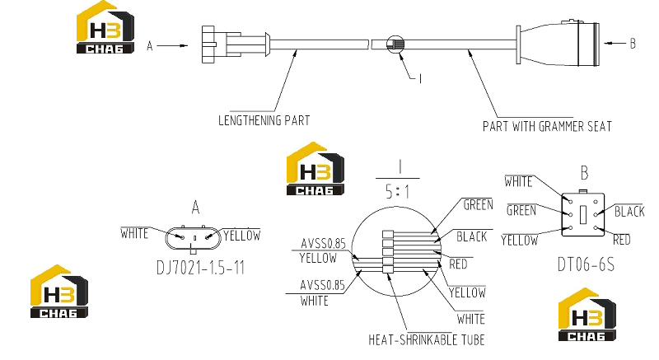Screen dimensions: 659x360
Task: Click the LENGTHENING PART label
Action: click(x=264, y=120)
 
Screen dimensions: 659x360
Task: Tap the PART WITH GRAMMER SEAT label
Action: click(x=547, y=126)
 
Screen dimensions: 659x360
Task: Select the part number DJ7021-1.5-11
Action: click(x=200, y=268)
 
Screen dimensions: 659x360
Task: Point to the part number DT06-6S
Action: click(x=586, y=264)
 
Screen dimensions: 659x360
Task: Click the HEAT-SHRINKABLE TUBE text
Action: click(x=426, y=339)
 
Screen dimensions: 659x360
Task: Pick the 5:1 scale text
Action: click(x=397, y=192)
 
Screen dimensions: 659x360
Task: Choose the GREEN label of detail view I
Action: click(x=479, y=205)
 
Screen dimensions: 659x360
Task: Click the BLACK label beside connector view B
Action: click(x=629, y=211)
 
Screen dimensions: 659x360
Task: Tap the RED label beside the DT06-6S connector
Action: click(x=622, y=240)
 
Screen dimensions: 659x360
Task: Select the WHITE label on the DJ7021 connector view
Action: click(x=134, y=234)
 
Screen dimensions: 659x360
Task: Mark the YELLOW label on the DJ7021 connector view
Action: click(x=241, y=236)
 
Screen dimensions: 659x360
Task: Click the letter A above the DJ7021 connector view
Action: click(x=195, y=208)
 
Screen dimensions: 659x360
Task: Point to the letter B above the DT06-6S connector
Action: click(x=584, y=173)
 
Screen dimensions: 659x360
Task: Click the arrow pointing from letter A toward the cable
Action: click(x=172, y=45)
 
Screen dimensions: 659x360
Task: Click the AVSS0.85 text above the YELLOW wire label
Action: click(x=323, y=244)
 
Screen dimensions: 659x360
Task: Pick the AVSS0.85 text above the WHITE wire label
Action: click(x=322, y=286)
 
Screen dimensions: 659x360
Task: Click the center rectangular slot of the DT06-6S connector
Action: click(x=583, y=215)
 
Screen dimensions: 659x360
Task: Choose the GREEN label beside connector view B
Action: click(x=521, y=210)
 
